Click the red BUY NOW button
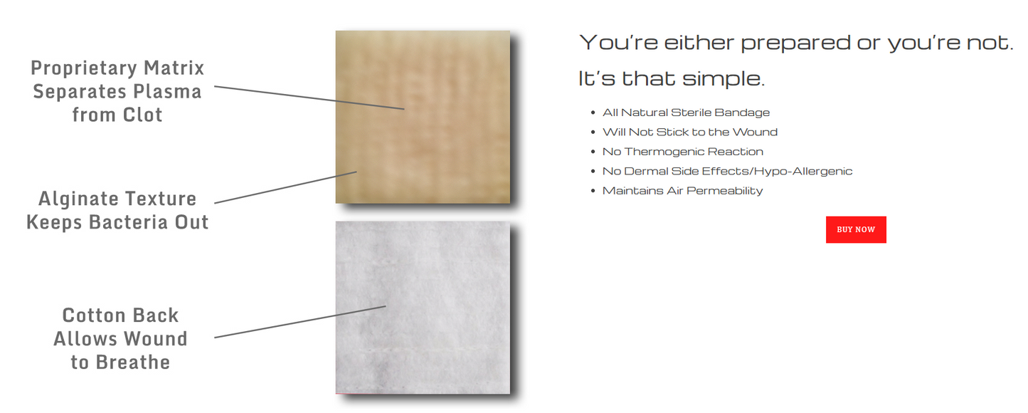tap(856, 229)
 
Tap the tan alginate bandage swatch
tap(423, 117)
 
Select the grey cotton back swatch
tap(423, 307)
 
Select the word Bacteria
tap(129, 222)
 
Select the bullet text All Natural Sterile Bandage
tap(686, 113)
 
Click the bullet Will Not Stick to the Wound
tap(689, 132)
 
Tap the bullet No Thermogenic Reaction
tap(682, 152)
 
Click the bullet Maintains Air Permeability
tap(682, 191)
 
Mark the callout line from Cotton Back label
tap(299, 322)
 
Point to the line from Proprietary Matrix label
tap(309, 98)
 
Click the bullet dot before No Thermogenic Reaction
tap(593, 152)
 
